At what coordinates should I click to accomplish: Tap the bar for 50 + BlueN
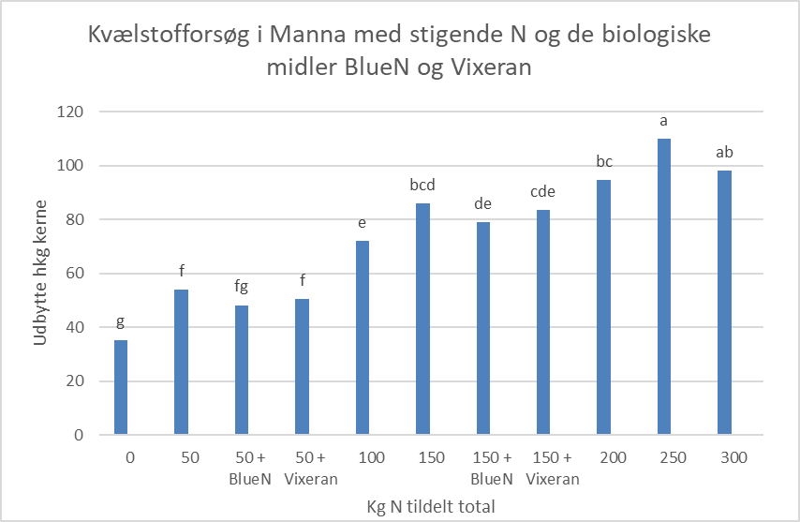tap(242, 370)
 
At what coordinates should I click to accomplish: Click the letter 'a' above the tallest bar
tap(664, 121)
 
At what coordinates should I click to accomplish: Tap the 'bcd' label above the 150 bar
tap(422, 185)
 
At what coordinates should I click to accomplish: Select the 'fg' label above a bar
tap(242, 287)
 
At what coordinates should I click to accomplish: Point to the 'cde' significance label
tap(543, 191)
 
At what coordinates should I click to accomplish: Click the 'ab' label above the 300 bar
tap(724, 152)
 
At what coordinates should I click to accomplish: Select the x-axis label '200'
tap(604, 458)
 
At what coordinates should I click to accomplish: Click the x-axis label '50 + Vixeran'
tap(302, 468)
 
